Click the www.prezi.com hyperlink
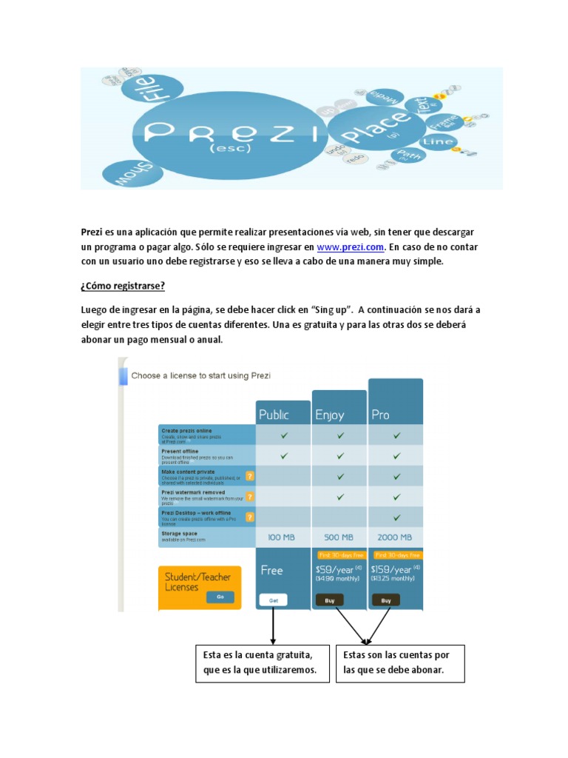351,246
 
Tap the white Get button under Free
273,600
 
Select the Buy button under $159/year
386,600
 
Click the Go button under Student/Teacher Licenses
220,597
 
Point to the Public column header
274,415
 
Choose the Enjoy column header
330,415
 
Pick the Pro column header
380,415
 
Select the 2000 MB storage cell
396,537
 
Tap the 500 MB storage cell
339,537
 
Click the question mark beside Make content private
250,476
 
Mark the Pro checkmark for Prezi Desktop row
396,517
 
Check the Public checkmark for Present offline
283,455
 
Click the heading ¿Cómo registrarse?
123,286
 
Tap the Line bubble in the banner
437,141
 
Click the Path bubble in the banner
408,156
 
